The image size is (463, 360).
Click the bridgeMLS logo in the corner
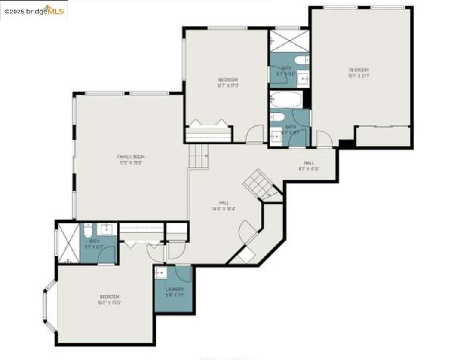(x=34, y=11)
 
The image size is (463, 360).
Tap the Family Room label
(x=131, y=159)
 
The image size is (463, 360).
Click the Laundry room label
(x=175, y=292)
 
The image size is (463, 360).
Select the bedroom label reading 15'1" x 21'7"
(x=359, y=73)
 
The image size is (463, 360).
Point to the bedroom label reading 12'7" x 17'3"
(x=228, y=82)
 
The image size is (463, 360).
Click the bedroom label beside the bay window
(x=110, y=299)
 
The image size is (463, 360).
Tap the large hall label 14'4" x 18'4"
(x=224, y=205)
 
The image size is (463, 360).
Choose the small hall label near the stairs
(x=309, y=165)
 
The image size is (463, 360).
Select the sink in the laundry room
(x=161, y=273)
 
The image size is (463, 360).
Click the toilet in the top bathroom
(x=302, y=60)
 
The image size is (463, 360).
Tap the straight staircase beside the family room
(x=199, y=156)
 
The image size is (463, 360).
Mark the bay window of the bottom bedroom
(x=49, y=305)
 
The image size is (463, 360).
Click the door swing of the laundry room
(x=184, y=274)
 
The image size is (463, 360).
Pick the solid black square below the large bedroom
(x=346, y=144)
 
